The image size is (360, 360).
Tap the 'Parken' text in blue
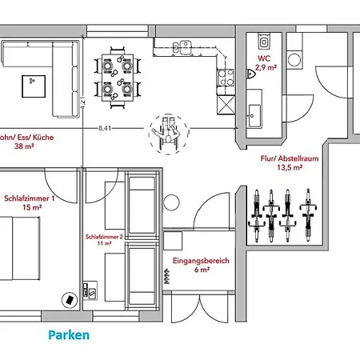[x=68, y=335]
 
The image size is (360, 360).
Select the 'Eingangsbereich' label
[x=201, y=261]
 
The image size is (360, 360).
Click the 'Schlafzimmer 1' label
[x=30, y=198]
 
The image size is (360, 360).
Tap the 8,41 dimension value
[x=105, y=128]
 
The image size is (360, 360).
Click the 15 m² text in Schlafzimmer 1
[x=31, y=207]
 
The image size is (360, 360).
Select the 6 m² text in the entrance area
[x=201, y=271]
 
